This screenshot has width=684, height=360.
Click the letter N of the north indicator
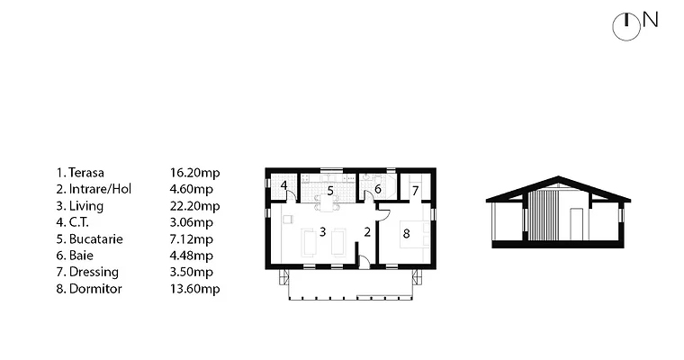pos(650,20)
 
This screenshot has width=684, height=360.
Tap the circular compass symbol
pos(626,27)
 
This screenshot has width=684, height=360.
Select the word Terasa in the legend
pos(85,173)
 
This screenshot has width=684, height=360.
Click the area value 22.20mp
pos(194,206)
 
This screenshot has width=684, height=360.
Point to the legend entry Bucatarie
pos(96,239)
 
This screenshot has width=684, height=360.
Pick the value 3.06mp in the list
pos(192,222)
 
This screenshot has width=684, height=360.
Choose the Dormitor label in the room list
pos(95,289)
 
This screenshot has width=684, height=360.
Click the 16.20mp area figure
pos(194,173)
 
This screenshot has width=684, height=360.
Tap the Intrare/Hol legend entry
pos(100,189)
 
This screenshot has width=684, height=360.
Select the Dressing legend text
pos(94,273)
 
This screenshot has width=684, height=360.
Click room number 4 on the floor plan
pos(284,185)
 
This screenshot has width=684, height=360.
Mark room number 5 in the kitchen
pos(330,191)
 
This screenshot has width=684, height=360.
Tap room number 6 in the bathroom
pos(378,189)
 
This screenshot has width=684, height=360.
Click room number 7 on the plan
pos(415,191)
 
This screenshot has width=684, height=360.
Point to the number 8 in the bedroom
pos(406,234)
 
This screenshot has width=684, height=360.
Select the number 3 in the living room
pos(322,231)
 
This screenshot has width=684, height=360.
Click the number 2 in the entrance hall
pos(367,232)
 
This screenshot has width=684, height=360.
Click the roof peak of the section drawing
pos(558,176)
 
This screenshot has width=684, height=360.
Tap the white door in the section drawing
pos(577,224)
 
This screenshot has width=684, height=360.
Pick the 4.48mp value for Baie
pos(192,256)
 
